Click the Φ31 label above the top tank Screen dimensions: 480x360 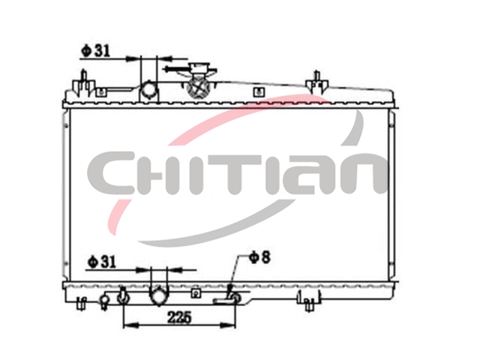pyautogui.click(x=95, y=51)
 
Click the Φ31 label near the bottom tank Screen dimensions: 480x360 pyautogui.click(x=102, y=262)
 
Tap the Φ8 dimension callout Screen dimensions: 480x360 pyautogui.click(x=260, y=257)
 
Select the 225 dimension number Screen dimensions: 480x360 pyautogui.click(x=179, y=317)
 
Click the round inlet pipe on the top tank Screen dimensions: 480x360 pyautogui.click(x=149, y=91)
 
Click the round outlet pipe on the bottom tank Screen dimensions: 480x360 pyautogui.click(x=159, y=295)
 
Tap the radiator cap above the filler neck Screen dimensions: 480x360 pyautogui.click(x=199, y=68)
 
